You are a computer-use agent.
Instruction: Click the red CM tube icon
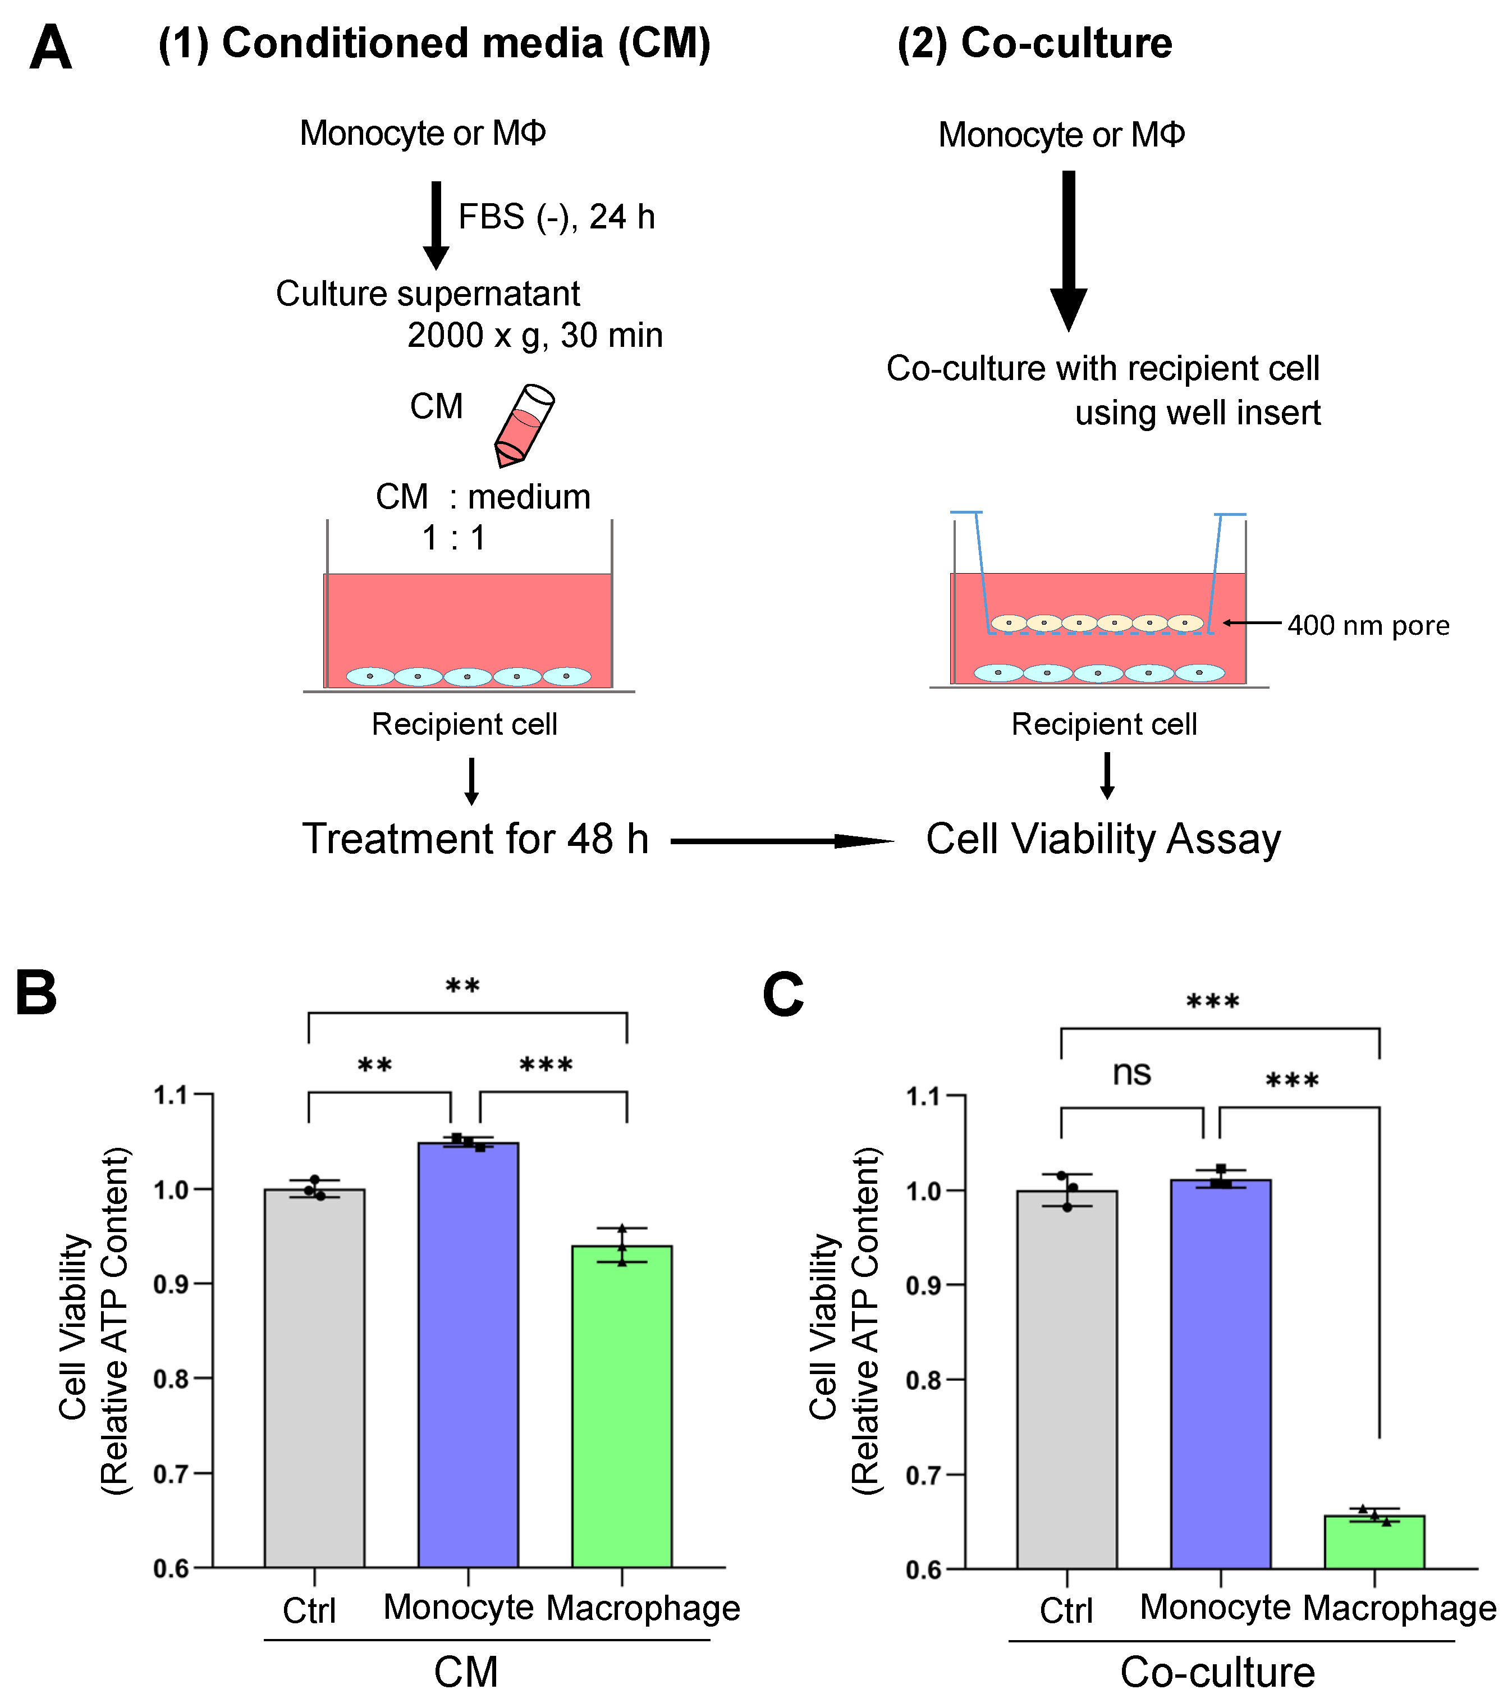[x=524, y=425]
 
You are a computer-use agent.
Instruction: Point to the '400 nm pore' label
[x=1367, y=626]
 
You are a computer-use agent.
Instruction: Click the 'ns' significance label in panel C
[x=1131, y=1073]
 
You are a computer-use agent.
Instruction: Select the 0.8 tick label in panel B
[x=171, y=1379]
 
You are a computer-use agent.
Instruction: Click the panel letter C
[x=782, y=995]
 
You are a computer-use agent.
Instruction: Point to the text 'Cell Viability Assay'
[x=1103, y=839]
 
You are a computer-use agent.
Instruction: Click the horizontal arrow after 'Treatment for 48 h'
[x=781, y=841]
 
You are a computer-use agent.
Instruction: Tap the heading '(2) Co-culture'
[x=1034, y=43]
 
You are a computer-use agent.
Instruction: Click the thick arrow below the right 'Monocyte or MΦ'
[x=1069, y=249]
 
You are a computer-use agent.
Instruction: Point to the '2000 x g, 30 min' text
[x=535, y=336]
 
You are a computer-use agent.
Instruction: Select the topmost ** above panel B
[x=462, y=987]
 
